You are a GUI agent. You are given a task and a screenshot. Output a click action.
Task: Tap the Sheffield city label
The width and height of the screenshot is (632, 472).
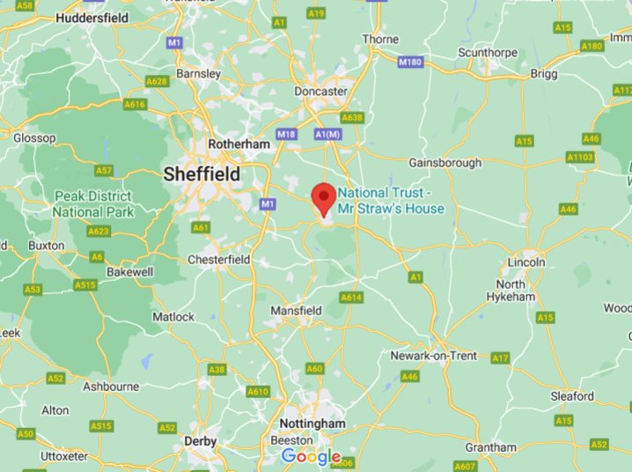[202, 175]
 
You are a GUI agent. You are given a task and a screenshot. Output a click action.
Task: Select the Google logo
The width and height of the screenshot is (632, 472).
[311, 457]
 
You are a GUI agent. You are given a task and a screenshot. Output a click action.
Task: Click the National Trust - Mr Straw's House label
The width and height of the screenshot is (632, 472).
[391, 201]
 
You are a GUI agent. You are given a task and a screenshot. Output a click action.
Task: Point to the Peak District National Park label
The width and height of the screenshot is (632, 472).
[93, 203]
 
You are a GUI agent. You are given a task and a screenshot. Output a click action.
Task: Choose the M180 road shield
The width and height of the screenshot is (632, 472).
[410, 63]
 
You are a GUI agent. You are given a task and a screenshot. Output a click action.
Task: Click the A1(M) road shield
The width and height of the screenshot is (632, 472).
[327, 134]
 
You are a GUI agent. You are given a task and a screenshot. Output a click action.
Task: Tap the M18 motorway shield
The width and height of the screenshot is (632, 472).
[286, 134]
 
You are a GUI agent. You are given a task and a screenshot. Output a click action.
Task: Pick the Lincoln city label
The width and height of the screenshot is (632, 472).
[527, 262]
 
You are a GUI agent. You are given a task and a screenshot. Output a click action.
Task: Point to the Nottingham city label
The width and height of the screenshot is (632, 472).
[312, 424]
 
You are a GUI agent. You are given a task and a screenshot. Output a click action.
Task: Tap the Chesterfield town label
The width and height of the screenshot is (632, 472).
[219, 260]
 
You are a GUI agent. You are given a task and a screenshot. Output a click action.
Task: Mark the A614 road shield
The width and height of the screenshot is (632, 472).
[352, 298]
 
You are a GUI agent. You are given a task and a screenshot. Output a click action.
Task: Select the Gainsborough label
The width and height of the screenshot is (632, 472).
[445, 163]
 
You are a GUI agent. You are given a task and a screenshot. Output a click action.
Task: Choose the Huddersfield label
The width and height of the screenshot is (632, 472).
[92, 18]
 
